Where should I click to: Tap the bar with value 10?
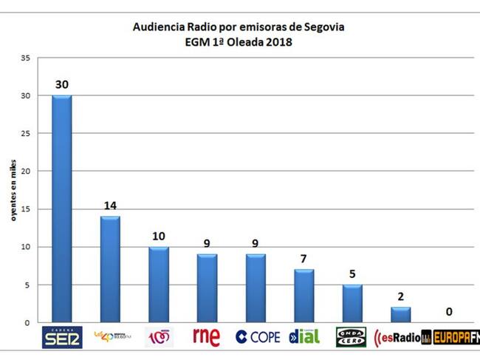(x=159, y=285)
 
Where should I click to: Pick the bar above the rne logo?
(x=207, y=288)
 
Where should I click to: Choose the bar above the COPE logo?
(x=256, y=288)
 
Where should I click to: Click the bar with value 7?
(x=304, y=296)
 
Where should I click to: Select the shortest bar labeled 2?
(x=400, y=315)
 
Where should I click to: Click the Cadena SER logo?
(x=62, y=336)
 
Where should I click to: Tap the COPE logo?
(x=258, y=337)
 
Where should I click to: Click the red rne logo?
(x=206, y=336)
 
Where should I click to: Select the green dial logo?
(x=304, y=337)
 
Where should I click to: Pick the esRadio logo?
(x=402, y=338)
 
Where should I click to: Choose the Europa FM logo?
(x=455, y=338)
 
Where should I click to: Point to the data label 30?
(x=62, y=85)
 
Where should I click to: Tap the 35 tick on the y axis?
(x=26, y=58)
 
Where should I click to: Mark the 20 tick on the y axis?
(x=26, y=171)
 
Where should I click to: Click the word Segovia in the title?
(x=321, y=27)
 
